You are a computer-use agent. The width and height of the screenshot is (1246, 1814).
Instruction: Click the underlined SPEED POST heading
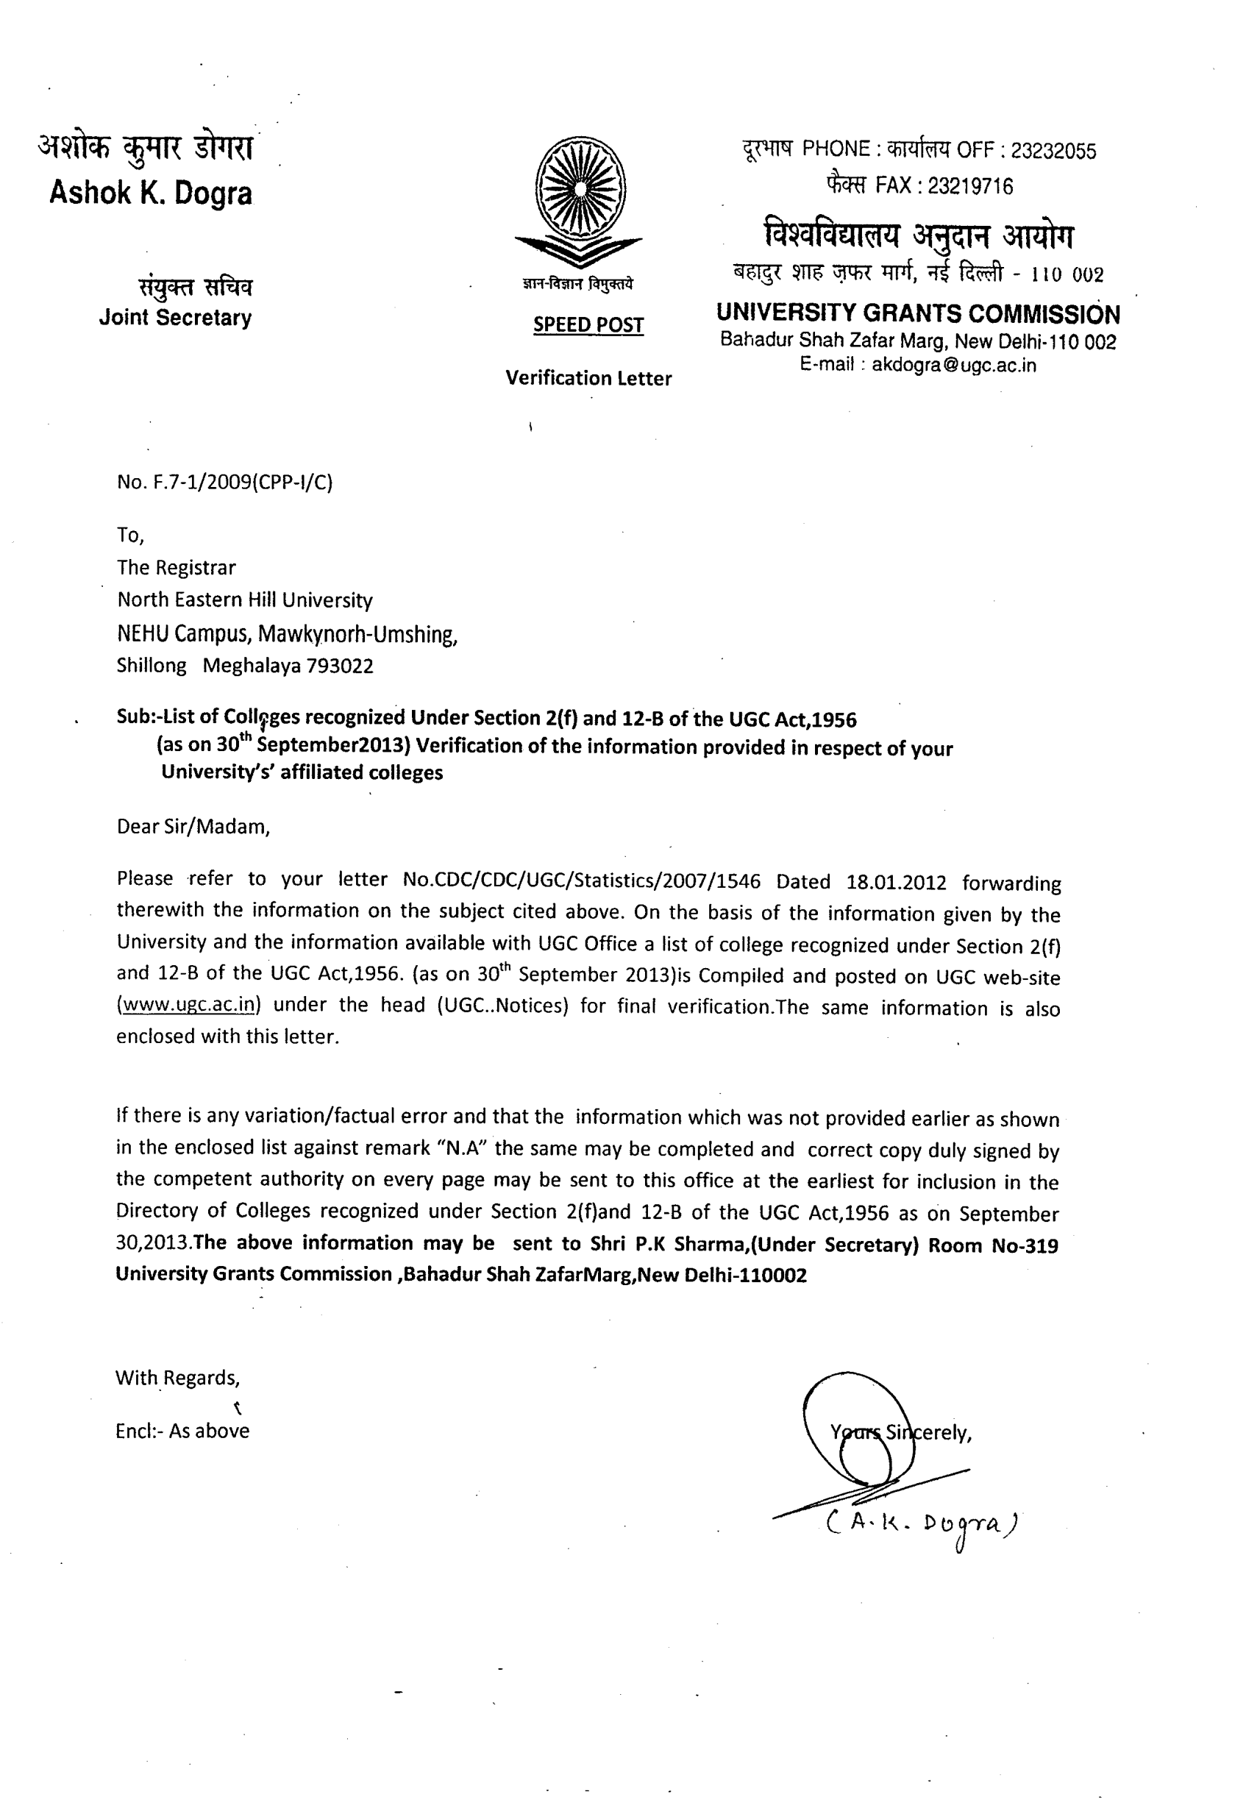588,324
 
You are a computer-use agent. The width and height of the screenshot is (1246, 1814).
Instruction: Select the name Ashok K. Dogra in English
151,193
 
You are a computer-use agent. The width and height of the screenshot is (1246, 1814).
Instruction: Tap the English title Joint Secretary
175,318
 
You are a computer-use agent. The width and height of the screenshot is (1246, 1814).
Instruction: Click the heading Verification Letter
588,378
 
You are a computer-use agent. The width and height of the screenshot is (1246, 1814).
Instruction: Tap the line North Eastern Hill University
245,600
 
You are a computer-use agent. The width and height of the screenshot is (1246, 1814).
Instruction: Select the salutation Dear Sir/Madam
193,827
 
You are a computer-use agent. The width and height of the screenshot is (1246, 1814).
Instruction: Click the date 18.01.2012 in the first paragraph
896,882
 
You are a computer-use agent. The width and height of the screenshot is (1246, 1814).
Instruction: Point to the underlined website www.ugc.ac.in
190,1004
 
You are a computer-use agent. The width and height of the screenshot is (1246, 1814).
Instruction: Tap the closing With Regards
177,1378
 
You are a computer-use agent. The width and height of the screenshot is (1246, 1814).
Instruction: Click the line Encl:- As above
182,1431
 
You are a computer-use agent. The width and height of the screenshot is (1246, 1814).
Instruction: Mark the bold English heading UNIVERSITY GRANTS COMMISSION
918,314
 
